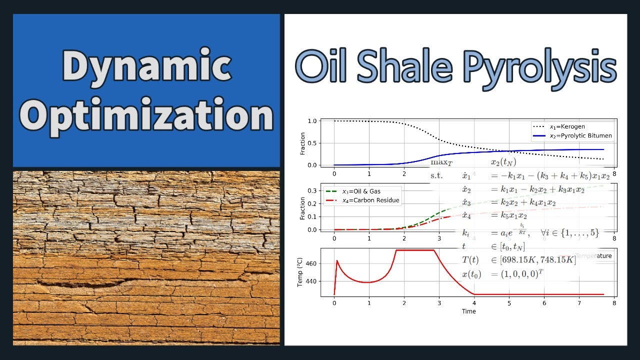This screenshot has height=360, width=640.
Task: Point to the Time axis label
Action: (469, 311)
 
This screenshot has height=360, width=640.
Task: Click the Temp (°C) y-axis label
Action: (300, 272)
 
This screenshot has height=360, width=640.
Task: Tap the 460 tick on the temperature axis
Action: (309, 263)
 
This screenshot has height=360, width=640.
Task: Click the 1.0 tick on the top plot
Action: (312, 121)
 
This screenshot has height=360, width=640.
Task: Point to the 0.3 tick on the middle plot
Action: (312, 191)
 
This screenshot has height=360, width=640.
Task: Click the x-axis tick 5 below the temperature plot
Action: (509, 303)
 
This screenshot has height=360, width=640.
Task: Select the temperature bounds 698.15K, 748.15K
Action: (534, 260)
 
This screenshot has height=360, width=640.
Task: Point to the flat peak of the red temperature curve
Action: (415, 250)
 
